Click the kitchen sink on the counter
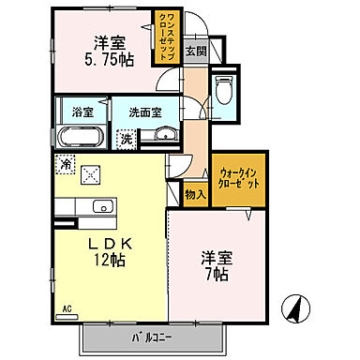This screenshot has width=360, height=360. click(101, 207)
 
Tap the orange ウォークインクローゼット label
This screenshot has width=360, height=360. click(240, 177)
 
